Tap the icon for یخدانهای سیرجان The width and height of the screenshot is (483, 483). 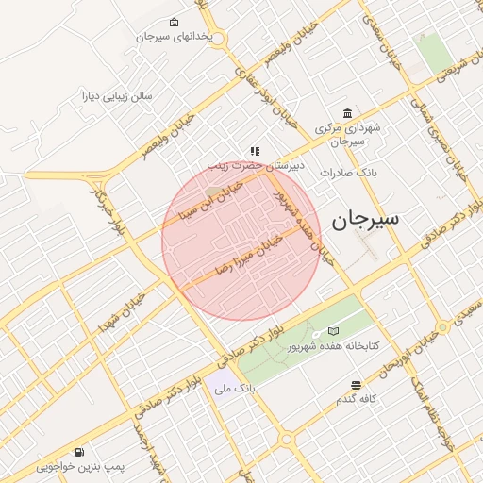click(x=174, y=23)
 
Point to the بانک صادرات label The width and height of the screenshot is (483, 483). click(x=348, y=173)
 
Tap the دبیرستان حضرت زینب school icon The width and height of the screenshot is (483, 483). click(x=255, y=151)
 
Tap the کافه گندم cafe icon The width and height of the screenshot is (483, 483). click(x=356, y=385)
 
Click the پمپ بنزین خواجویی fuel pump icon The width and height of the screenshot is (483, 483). click(x=79, y=452)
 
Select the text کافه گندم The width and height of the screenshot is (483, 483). click(x=357, y=400)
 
